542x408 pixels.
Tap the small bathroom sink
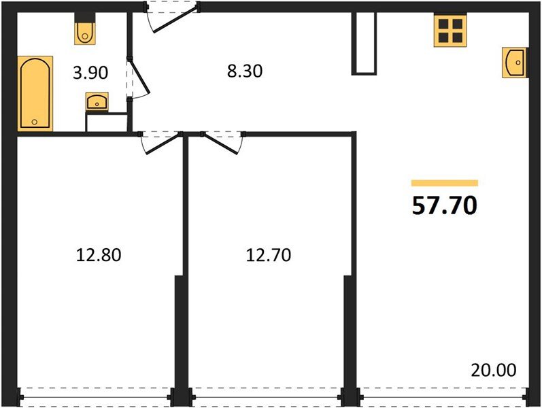(x=97, y=103)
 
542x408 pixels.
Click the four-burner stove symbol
(x=450, y=31)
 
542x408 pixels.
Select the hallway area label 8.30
(x=243, y=71)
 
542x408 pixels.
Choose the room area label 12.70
(x=268, y=256)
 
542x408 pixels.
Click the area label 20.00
(x=493, y=371)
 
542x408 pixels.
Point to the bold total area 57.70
(x=445, y=205)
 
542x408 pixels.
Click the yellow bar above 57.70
(x=445, y=183)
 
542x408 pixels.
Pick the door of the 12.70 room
(x=222, y=141)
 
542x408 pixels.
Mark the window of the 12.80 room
(x=96, y=394)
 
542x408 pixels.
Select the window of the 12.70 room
(x=267, y=394)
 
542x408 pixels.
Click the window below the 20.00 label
(x=442, y=394)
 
